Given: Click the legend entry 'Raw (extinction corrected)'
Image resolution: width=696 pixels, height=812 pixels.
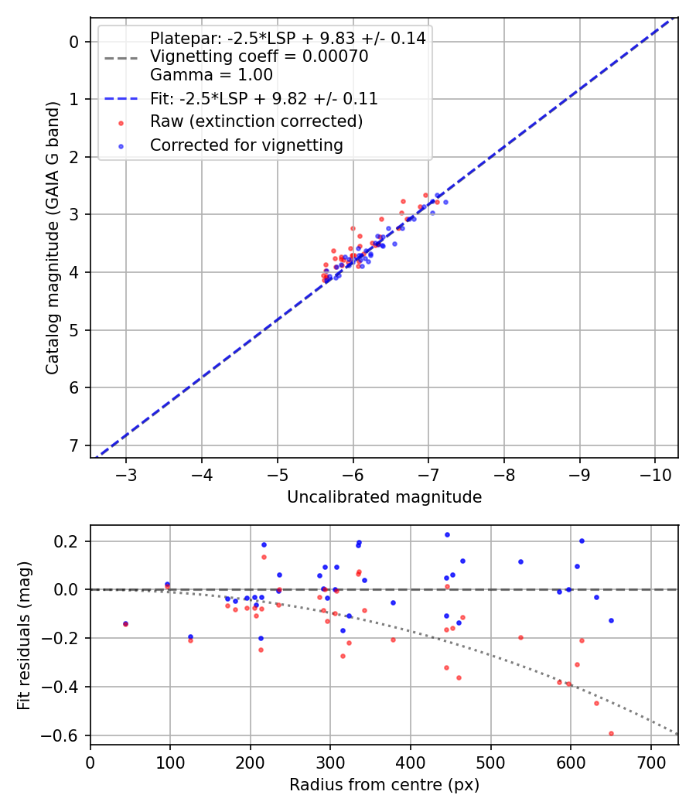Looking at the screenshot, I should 256,121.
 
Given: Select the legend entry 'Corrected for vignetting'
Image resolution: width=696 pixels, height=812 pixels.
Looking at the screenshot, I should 246,145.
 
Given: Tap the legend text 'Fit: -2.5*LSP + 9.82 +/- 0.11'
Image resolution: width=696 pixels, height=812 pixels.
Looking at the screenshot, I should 264,98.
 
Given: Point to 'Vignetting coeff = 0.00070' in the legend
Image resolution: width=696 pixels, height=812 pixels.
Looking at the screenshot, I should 259,56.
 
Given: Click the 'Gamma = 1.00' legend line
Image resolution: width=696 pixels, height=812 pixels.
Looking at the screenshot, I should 211,75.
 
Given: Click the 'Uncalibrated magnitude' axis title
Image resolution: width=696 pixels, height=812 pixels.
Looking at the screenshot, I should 384,497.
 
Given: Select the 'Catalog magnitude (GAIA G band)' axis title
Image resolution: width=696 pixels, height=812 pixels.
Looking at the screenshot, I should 52,237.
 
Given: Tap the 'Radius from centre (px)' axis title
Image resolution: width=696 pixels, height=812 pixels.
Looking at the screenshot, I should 384,785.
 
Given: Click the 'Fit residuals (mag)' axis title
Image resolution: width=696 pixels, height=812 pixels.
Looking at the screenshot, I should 24,635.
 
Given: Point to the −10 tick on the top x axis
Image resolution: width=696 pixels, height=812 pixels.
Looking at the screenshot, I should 654,473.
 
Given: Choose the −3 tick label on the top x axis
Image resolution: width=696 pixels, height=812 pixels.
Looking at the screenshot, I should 126,473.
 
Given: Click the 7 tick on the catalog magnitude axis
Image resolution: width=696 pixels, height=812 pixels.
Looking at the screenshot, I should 75,445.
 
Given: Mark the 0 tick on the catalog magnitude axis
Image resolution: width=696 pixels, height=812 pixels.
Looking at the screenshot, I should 75,41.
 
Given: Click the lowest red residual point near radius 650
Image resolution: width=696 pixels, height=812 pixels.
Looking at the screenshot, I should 611,733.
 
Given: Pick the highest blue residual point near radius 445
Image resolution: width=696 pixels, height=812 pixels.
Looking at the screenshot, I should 447,534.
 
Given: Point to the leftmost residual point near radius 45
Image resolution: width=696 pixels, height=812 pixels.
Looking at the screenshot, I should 125,623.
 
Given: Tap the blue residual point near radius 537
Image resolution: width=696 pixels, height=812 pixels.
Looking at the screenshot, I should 520,561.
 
